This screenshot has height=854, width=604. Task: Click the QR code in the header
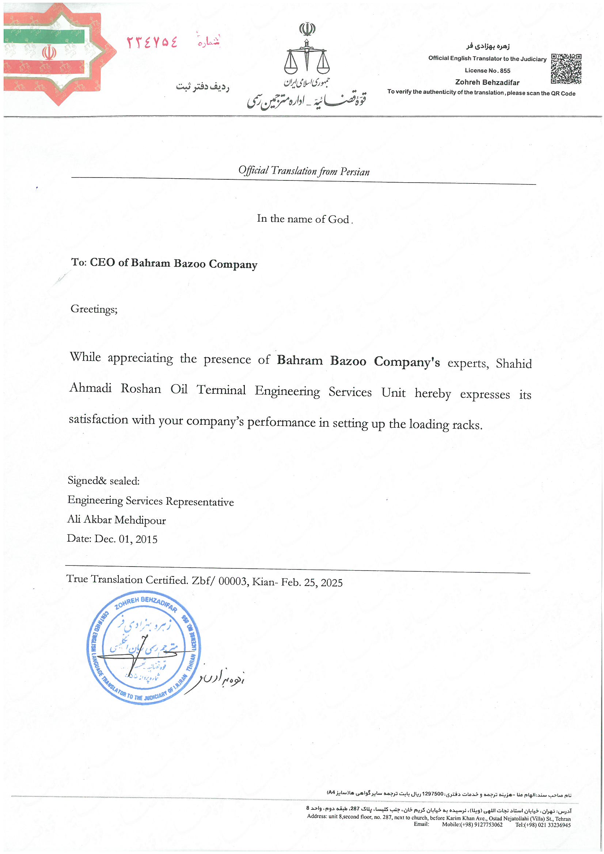pos(566,69)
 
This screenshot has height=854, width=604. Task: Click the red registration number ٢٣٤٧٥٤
pos(152,42)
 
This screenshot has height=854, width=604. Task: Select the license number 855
pos(505,70)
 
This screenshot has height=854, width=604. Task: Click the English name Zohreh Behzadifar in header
pos(487,83)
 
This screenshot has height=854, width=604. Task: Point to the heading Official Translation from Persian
pos(304,171)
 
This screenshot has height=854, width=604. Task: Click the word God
pos(338,220)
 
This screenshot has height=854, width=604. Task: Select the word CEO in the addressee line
pos(102,262)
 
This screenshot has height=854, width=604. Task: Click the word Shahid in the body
pos(514,363)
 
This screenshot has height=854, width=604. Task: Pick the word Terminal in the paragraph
pos(221,390)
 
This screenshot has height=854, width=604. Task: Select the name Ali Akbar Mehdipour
pos(117,520)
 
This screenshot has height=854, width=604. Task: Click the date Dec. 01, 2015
pos(126,539)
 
